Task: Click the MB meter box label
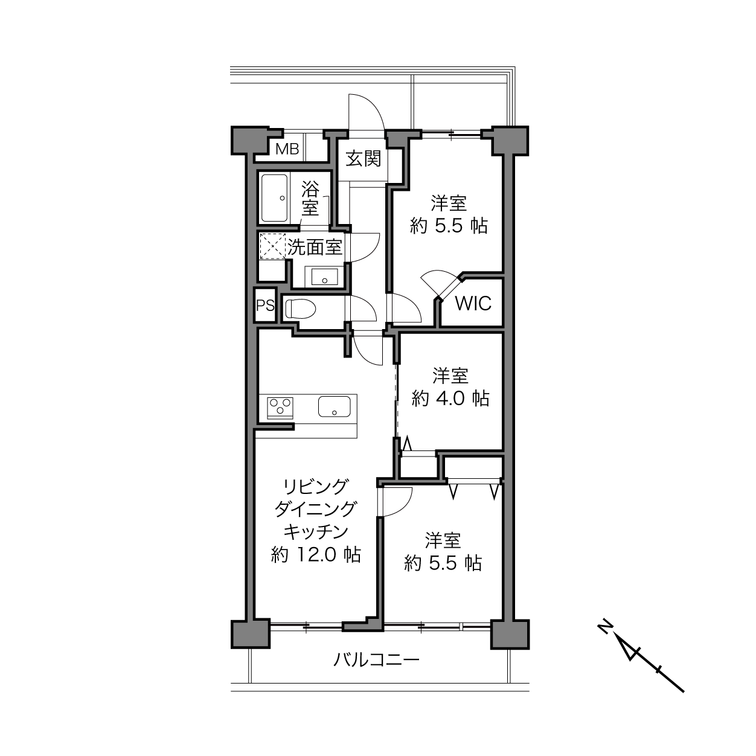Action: point(287,149)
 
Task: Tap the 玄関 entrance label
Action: point(364,159)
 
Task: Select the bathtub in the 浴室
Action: point(275,198)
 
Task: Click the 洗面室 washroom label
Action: point(315,247)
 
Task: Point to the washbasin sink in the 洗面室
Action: point(324,277)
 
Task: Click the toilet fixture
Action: point(301,309)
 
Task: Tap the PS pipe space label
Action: point(265,305)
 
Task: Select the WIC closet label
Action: point(473,303)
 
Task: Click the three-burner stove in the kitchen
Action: point(280,406)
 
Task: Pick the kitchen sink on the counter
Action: point(335,406)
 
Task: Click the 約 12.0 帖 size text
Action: point(316,555)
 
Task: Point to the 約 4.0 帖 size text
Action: point(450,398)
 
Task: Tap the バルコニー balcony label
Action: point(376,660)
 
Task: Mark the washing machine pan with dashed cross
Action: point(273,246)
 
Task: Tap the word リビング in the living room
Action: point(316,487)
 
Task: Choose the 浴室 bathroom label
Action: point(310,199)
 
